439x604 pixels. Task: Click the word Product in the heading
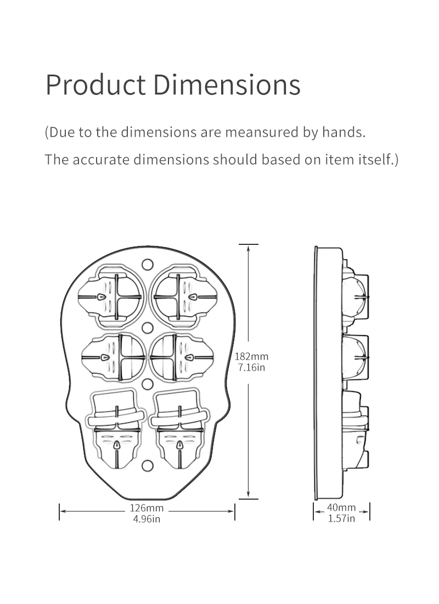95,85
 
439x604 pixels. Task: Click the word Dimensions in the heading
226,85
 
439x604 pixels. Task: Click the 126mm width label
147,508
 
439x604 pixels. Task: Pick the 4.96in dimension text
147,519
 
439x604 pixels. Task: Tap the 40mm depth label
341,507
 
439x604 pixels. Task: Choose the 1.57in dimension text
341,518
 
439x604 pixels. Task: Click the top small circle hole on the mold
147,264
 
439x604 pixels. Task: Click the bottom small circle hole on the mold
147,466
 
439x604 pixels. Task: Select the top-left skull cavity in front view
112,295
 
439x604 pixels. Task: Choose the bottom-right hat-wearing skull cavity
178,428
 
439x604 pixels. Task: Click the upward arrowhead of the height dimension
249,248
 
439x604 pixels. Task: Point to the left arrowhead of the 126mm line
63,511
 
